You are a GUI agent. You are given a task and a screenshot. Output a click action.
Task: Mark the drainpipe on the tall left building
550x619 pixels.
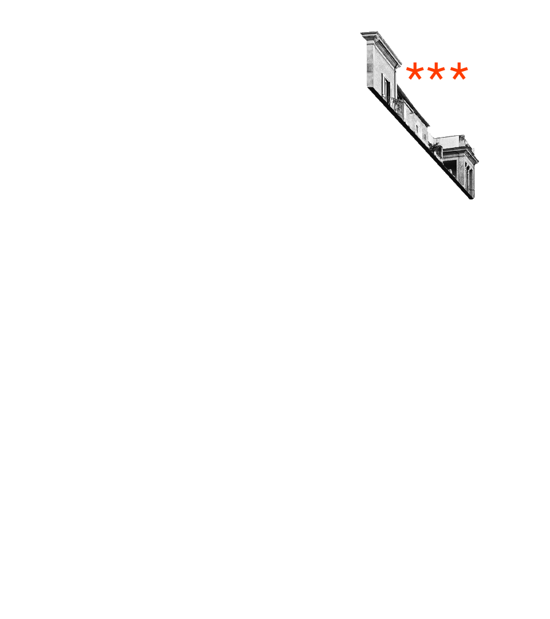(x=396, y=80)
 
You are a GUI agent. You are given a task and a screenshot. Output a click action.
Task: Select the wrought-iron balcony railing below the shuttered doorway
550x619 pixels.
(x=397, y=106)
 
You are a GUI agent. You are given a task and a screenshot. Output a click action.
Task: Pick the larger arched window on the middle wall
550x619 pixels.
(x=417, y=128)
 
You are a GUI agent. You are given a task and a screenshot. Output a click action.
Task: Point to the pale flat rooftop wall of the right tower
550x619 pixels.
(x=450, y=141)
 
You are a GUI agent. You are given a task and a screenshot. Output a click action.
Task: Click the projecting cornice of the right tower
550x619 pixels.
(x=461, y=152)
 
